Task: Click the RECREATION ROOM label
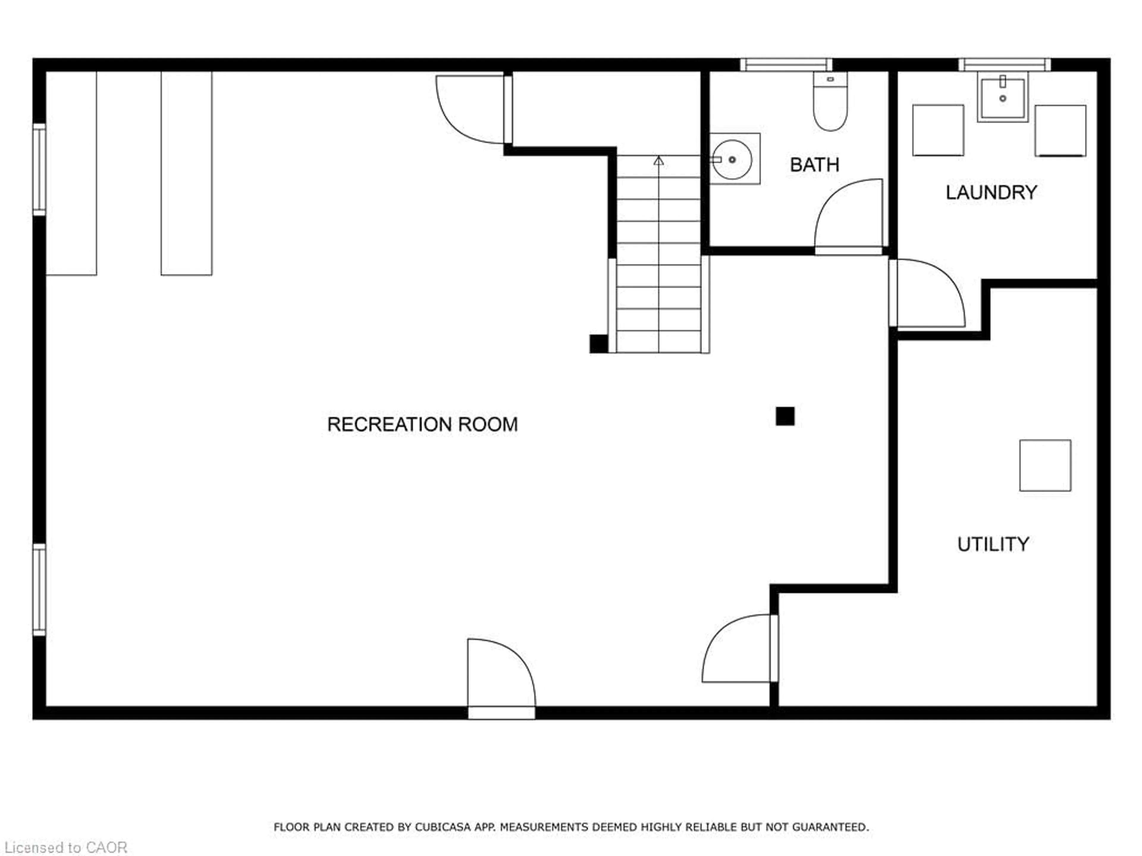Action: point(422,424)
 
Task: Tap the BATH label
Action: point(815,165)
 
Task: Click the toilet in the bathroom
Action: point(830,101)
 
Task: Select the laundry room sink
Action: point(1003,97)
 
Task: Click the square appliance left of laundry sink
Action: point(938,130)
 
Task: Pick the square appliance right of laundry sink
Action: point(1061,130)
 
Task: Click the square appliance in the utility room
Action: point(1045,465)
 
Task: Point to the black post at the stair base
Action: point(598,344)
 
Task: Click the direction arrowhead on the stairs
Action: point(658,161)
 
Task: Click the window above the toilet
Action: point(786,64)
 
